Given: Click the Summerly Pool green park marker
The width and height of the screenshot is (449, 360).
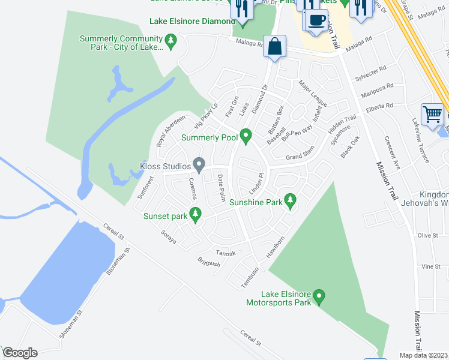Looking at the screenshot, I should [245, 136].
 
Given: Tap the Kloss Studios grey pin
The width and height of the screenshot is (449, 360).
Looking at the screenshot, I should [199, 164].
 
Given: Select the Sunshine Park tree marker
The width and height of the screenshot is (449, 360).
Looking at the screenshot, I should [291, 200].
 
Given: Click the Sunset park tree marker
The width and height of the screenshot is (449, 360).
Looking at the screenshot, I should [194, 214].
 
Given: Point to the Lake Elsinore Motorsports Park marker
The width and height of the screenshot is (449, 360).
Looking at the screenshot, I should [319, 296].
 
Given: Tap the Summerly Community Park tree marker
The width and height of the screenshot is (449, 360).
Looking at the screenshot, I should [171, 41].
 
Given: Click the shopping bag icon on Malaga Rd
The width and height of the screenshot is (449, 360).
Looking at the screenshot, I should [274, 47].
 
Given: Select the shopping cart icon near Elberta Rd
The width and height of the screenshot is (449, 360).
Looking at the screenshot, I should [432, 113].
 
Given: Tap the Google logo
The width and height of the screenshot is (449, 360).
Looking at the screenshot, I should [20, 353].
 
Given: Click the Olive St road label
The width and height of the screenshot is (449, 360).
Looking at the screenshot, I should [428, 236].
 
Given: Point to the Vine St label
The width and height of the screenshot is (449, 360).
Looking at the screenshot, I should [427, 266].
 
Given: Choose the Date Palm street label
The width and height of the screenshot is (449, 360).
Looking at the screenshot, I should [221, 187].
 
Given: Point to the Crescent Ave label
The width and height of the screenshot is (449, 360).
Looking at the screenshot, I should [396, 155].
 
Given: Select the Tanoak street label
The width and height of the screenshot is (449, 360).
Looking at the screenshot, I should [226, 253].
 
